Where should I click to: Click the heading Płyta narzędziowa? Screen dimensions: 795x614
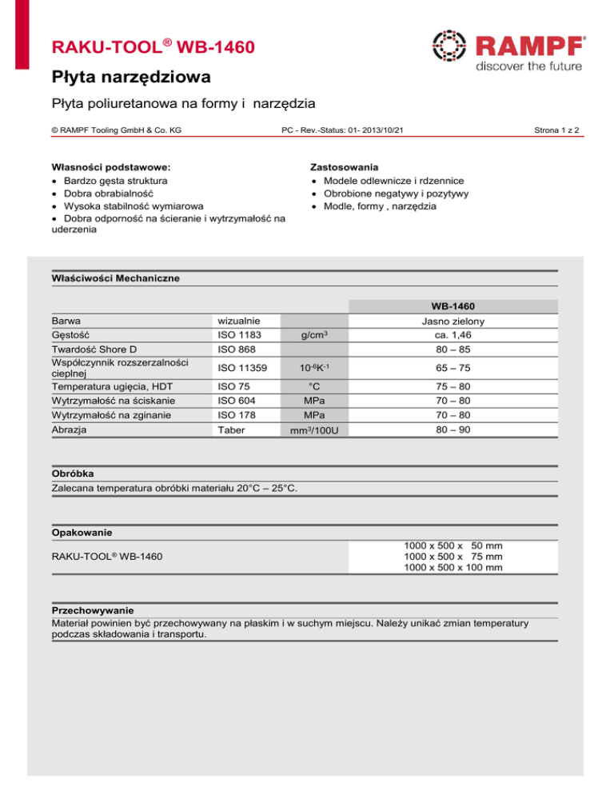(127, 78)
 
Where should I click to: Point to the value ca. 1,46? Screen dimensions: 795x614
(458, 336)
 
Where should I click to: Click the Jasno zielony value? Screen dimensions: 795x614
(458, 321)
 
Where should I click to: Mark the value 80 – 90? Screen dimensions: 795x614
(458, 429)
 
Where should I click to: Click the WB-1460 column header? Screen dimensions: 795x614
(458, 306)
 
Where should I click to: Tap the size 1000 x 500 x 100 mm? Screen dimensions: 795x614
(453, 568)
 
